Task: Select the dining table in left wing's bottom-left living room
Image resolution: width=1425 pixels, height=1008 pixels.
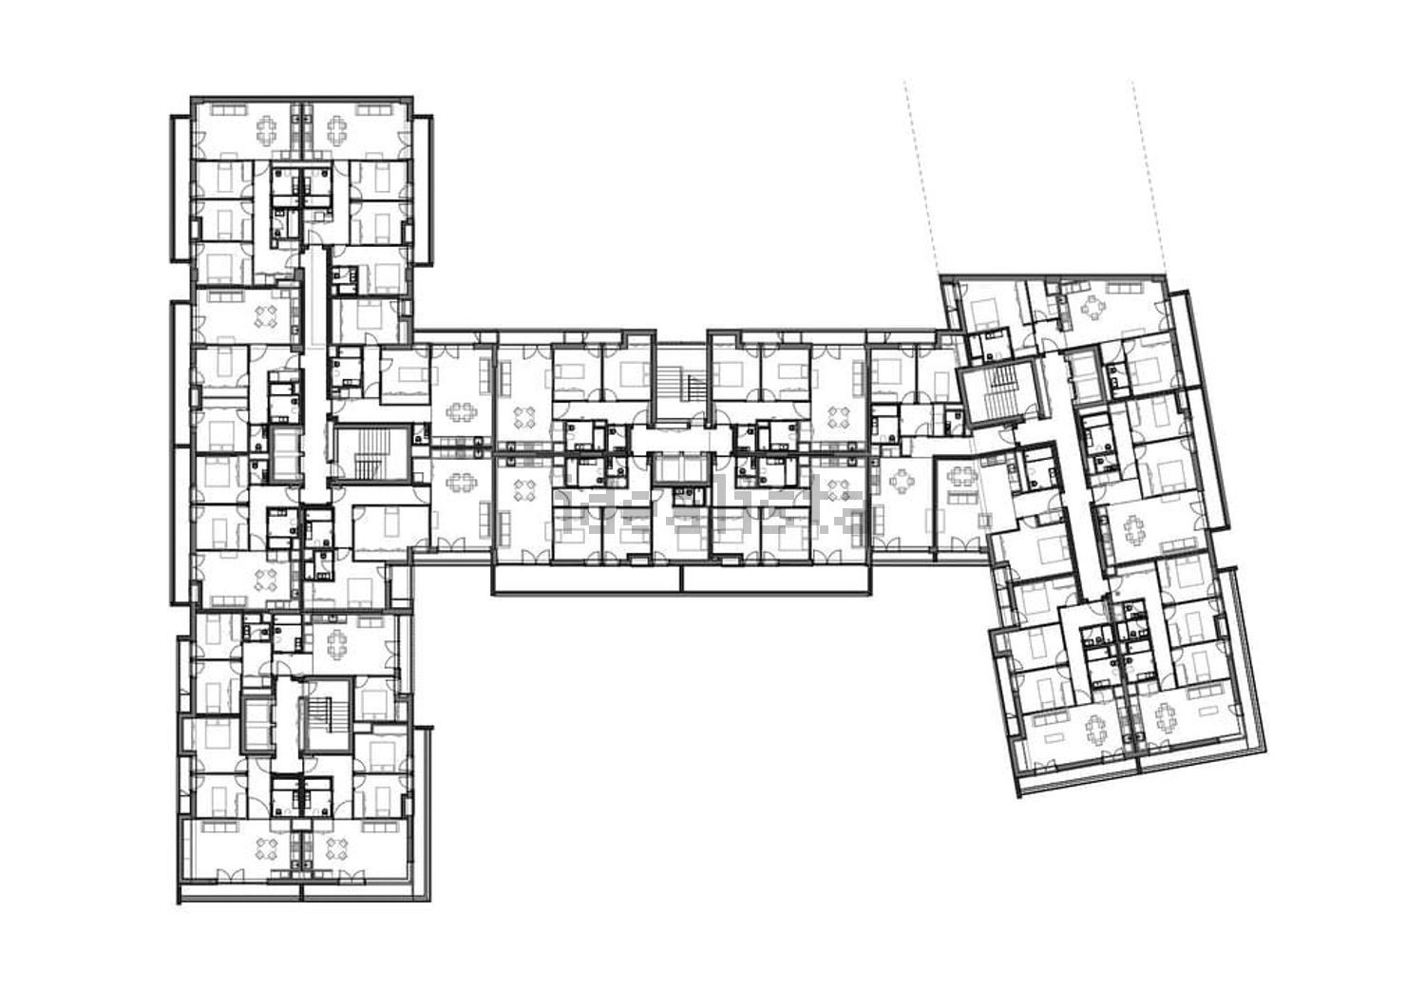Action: [x=270, y=848]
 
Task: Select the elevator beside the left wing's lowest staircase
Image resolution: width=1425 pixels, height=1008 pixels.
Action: [x=257, y=722]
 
